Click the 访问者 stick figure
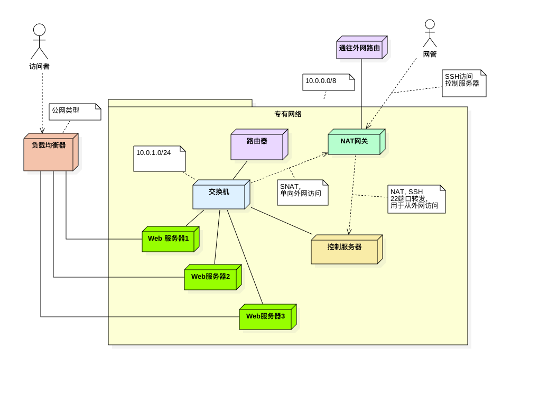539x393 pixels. point(39,42)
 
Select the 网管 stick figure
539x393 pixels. point(430,34)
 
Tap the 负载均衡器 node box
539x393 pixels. point(49,154)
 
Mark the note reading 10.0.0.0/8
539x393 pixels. point(328,83)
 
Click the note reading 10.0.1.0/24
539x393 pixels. point(159,159)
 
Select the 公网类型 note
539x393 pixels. point(75,112)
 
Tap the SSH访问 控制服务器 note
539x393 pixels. point(463,84)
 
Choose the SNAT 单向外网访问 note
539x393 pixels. point(302,193)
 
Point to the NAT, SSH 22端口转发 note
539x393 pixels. point(416,199)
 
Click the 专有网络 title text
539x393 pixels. point(288,114)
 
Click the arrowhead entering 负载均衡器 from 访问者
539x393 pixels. point(42,131)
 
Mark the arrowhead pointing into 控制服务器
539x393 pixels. point(349,232)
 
